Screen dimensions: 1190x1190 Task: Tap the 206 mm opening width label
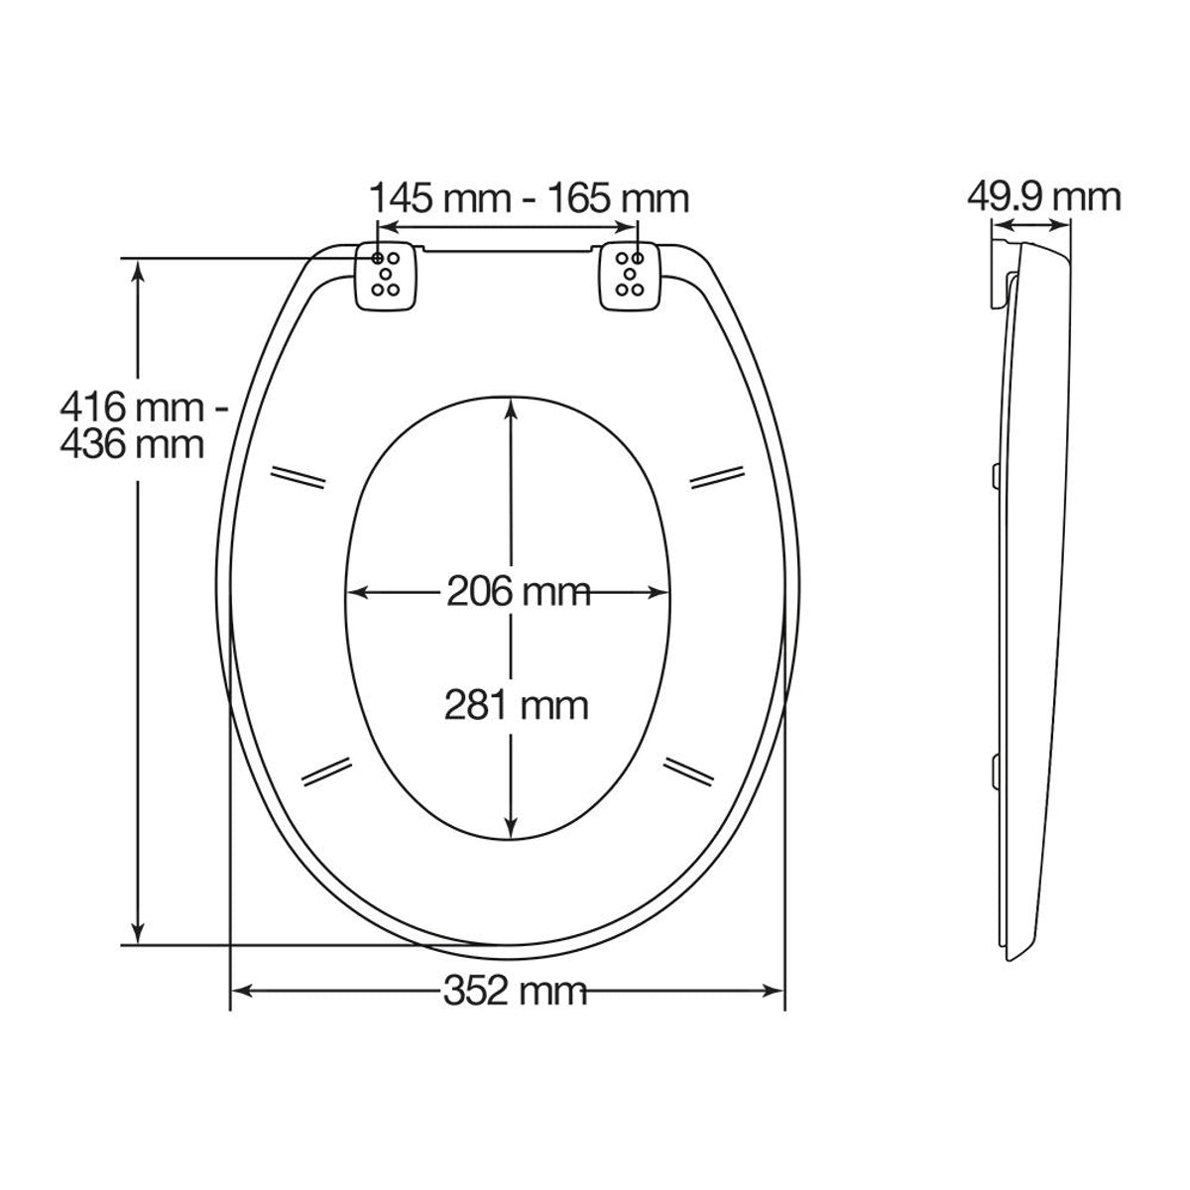(x=519, y=592)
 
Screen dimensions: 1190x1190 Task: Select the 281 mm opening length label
(x=517, y=706)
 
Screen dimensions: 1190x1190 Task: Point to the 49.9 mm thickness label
(x=1043, y=197)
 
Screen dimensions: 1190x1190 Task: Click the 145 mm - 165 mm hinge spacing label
(x=530, y=199)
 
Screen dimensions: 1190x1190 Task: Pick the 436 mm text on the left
(x=132, y=444)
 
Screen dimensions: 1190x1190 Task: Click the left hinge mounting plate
(x=386, y=276)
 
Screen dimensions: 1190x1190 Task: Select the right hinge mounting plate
(x=630, y=276)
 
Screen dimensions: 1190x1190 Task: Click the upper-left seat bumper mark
(x=297, y=477)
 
